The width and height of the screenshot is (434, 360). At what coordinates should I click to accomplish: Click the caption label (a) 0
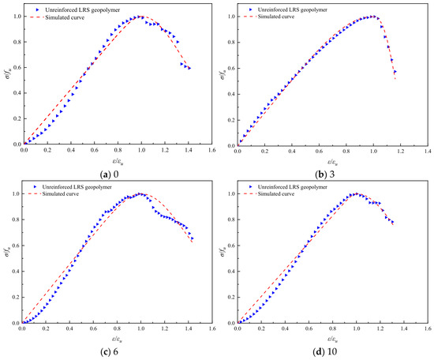coord(110,174)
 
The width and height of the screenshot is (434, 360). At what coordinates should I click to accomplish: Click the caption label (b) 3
coord(325,174)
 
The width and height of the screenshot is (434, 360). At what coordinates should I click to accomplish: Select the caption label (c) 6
coord(110,352)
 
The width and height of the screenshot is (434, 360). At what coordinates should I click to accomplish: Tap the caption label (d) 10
coord(324,352)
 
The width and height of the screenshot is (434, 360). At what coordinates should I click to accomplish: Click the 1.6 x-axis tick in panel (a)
coord(211,150)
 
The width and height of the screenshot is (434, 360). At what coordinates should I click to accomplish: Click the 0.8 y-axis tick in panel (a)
coord(17,42)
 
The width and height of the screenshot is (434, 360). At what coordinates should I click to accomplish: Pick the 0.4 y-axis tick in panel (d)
coord(233,272)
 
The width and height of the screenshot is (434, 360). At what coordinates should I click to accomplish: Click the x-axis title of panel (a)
coord(118,160)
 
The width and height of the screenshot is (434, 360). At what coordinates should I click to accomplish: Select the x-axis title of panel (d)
coord(333,339)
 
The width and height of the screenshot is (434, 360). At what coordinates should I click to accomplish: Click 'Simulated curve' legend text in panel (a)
coord(65,17)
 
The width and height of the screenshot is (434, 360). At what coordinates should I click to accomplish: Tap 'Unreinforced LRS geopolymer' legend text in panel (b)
coord(293,9)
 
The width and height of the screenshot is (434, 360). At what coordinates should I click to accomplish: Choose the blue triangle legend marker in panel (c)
coord(36,187)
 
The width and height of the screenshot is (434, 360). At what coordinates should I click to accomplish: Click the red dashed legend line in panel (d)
coord(250,194)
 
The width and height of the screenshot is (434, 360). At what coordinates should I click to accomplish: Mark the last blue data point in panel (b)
coord(395,71)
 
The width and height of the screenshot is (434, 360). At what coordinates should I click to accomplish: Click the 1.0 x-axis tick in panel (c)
coord(140,328)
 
